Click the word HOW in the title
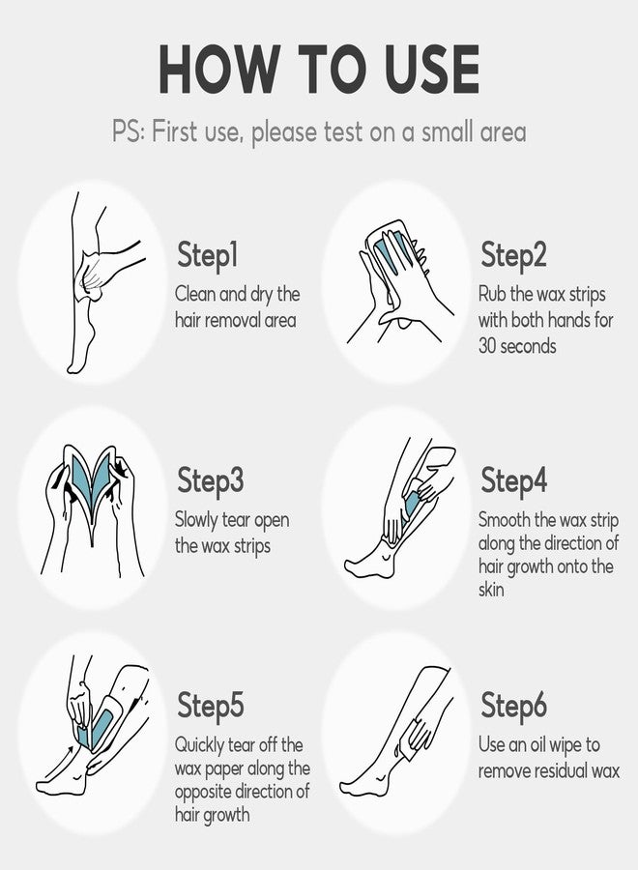coord(219,69)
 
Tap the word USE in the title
coord(431,69)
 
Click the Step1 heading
coord(208,256)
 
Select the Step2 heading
coord(513,256)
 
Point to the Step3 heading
coord(211,480)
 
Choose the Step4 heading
coord(513,480)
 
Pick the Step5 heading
coord(211,706)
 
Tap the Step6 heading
coord(513,706)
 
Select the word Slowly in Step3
coord(196,520)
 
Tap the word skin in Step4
coord(491,590)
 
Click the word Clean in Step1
coord(194,294)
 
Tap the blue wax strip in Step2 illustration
coord(391,252)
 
